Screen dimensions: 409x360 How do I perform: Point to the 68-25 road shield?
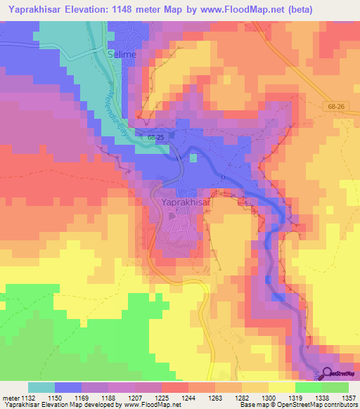point(156,139)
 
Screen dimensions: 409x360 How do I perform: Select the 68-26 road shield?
point(336,106)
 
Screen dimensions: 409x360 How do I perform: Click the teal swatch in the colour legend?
point(41,387)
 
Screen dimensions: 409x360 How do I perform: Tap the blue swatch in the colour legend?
point(68,387)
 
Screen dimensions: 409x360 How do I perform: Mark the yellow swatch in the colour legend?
point(282,387)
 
